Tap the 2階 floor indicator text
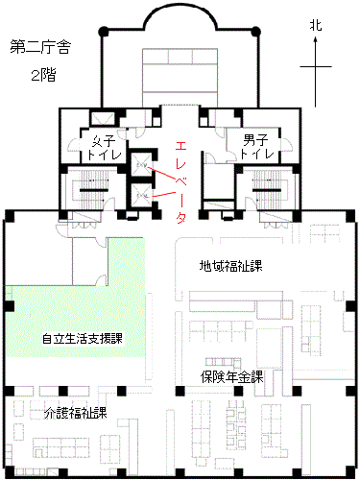[x=43, y=74]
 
